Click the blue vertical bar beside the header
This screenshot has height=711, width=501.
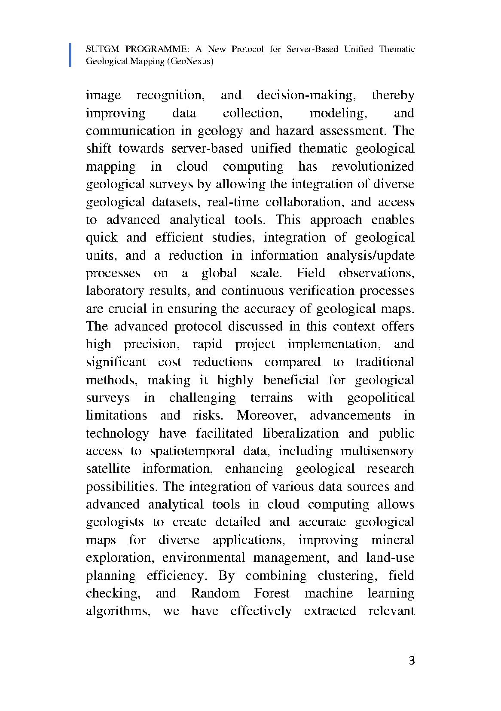(70, 55)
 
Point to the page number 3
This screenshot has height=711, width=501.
(412, 661)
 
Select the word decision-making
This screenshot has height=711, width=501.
(306, 95)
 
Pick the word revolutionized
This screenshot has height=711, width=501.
(373, 166)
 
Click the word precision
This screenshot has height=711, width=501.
(150, 344)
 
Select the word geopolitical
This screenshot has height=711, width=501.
(381, 398)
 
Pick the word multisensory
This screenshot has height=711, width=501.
(377, 451)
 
